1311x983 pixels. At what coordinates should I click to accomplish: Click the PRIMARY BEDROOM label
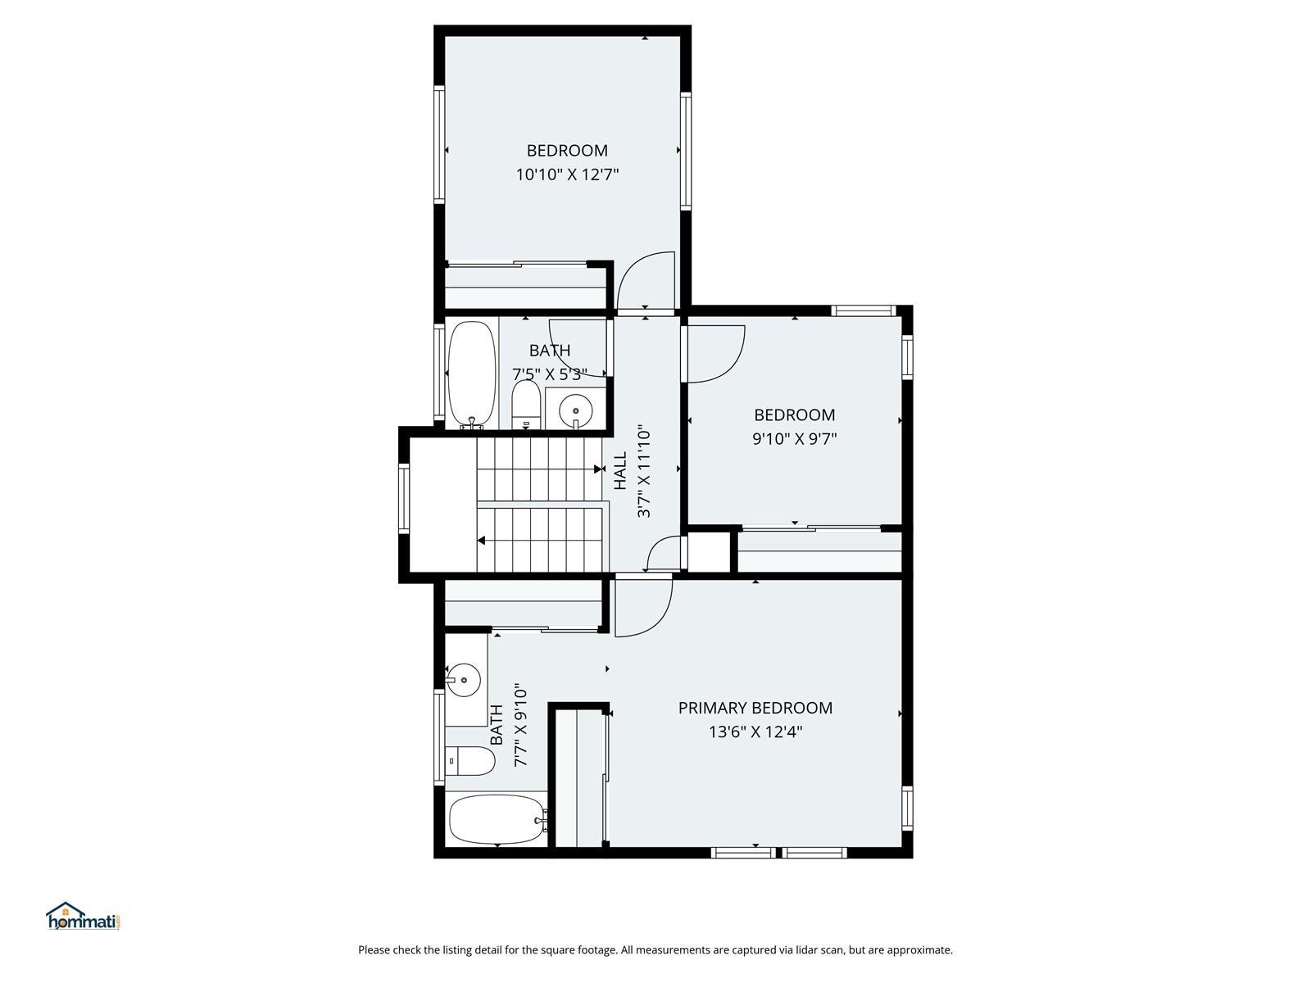point(755,708)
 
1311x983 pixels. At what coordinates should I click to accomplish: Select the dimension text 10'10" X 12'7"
point(567,174)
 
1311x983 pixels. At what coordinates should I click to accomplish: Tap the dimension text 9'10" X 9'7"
point(794,439)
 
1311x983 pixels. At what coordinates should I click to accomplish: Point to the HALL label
point(620,471)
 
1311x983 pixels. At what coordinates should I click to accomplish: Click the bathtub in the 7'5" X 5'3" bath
point(471,375)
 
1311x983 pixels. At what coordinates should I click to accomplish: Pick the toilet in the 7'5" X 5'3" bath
point(526,404)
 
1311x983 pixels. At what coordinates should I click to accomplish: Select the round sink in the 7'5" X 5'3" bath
point(575,410)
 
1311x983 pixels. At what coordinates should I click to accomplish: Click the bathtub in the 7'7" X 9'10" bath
point(497,819)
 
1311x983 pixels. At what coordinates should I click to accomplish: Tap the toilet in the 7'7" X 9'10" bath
point(470,761)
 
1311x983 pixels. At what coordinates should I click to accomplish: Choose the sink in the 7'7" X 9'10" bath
point(464,681)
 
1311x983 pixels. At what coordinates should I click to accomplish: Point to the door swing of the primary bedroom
point(644,608)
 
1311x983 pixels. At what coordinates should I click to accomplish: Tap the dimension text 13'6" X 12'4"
point(755,732)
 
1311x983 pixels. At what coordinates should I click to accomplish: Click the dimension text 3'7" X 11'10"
point(644,471)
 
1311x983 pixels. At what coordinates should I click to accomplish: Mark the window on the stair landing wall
point(404,498)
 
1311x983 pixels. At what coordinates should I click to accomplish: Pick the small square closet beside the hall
point(710,551)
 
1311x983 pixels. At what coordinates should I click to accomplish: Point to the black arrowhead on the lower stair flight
point(481,541)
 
